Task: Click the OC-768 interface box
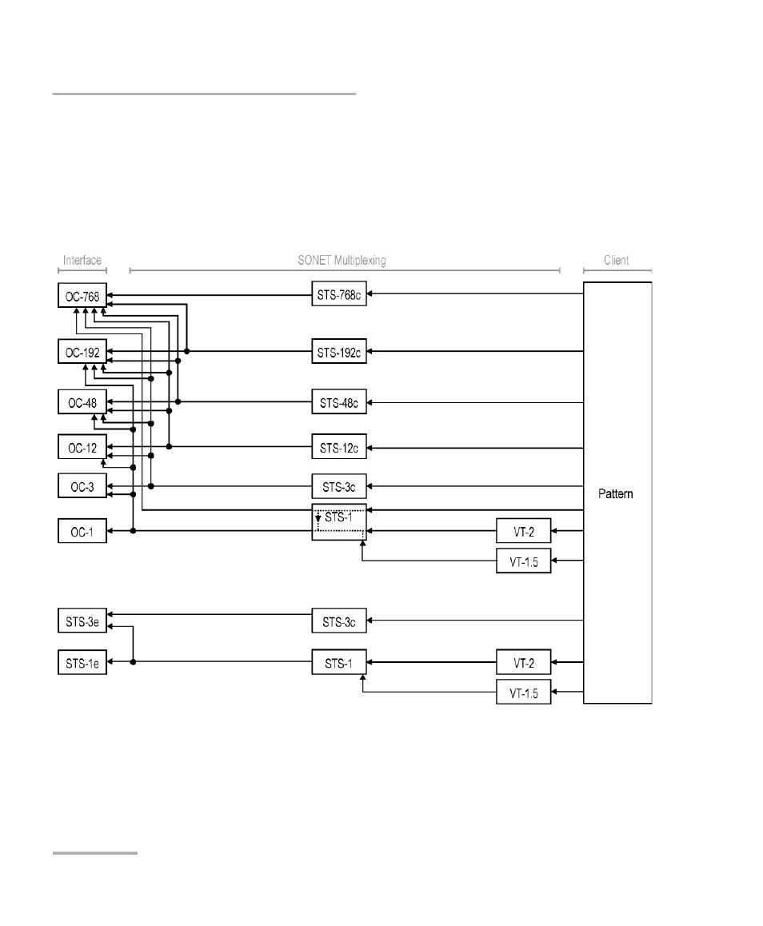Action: pos(82,295)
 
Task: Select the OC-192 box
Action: pos(82,352)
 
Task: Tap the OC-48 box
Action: pos(82,402)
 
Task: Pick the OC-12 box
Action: pos(82,447)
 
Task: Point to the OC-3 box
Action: pos(82,486)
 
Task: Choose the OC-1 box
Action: pos(82,531)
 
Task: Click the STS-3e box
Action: pos(82,621)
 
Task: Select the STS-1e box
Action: pos(82,663)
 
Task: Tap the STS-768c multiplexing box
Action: pos(339,293)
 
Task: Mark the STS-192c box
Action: pos(339,351)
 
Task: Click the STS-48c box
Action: pos(339,402)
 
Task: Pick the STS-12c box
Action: pos(339,447)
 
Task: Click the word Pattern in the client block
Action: pos(615,493)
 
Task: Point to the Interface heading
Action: pos(82,261)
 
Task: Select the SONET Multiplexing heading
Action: pos(342,261)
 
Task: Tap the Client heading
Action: pos(617,261)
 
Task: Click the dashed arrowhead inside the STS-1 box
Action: pos(318,518)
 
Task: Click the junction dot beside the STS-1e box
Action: pos(133,662)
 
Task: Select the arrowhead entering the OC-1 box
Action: pos(110,531)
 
